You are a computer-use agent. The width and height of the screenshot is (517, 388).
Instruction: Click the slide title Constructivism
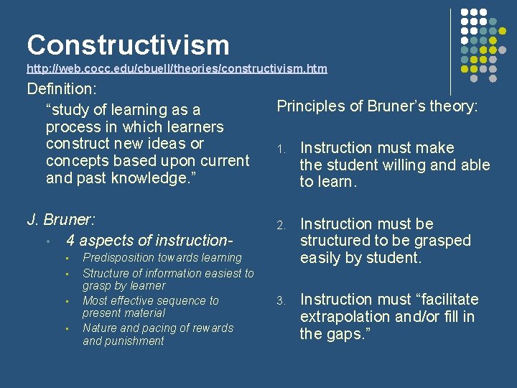pyautogui.click(x=128, y=45)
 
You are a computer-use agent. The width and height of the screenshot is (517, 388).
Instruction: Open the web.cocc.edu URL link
pyautogui.click(x=177, y=68)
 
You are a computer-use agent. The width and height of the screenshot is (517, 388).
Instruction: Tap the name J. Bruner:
pyautogui.click(x=61, y=219)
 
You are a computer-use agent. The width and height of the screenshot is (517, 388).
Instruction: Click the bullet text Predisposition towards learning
pyautogui.click(x=162, y=257)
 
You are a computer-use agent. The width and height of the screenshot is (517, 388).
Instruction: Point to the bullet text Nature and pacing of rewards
pyautogui.click(x=158, y=328)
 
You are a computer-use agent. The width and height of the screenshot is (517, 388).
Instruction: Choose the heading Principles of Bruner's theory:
pyautogui.click(x=378, y=106)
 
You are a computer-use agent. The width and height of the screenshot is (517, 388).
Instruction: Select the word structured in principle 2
pyautogui.click(x=333, y=241)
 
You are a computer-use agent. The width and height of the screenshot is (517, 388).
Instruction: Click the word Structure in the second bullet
pyautogui.click(x=106, y=273)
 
